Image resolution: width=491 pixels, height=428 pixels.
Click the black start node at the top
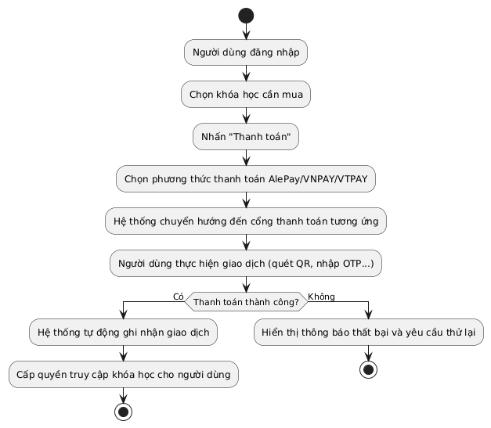click(246, 16)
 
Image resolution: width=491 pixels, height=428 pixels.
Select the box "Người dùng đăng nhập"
click(246, 53)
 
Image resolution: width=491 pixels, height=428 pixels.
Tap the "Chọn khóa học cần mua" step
click(246, 95)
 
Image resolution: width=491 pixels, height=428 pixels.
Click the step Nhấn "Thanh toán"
click(246, 138)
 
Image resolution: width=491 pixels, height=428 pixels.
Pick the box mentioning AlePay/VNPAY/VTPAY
click(246, 180)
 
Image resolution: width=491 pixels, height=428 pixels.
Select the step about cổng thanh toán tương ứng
click(246, 221)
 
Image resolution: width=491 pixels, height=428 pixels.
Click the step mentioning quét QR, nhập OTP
click(246, 264)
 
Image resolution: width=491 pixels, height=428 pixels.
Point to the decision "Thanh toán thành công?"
click(246, 301)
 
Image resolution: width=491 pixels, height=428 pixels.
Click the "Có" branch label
click(178, 296)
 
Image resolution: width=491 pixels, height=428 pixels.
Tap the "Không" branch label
click(321, 296)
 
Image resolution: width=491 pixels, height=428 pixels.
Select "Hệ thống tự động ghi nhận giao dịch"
click(123, 333)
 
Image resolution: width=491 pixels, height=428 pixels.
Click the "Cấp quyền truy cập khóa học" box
click(123, 375)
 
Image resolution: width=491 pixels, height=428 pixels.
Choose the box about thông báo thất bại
click(368, 333)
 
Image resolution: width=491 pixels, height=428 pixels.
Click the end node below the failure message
click(368, 369)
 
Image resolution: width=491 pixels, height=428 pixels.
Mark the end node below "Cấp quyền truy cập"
click(123, 412)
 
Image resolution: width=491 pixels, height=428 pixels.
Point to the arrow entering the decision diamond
click(246, 283)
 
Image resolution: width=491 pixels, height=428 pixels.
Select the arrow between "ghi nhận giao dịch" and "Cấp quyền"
click(123, 354)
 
